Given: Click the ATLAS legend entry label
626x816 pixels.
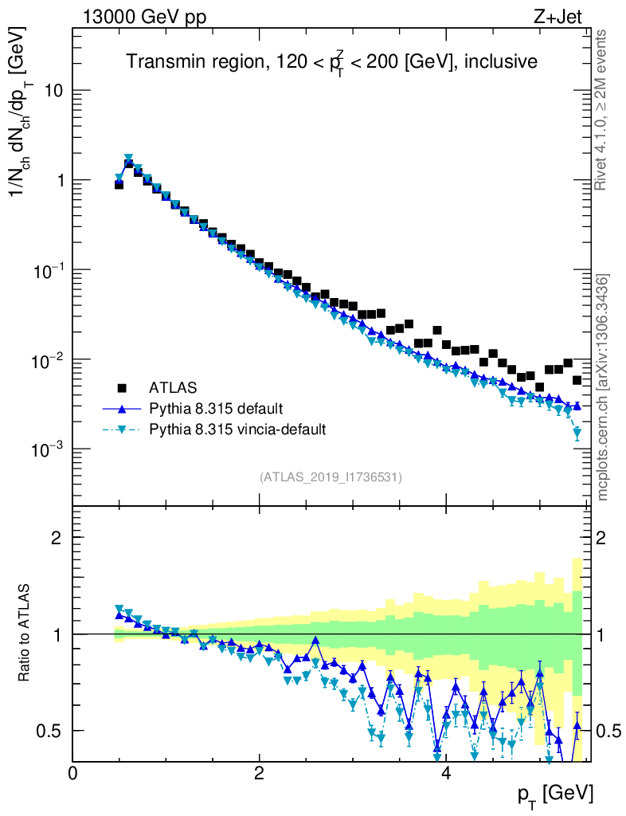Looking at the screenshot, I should [172, 388].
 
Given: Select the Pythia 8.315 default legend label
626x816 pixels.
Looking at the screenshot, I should [216, 409].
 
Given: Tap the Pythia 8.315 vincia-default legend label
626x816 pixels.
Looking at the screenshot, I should [237, 430].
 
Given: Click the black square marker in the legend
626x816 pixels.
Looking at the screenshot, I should [122, 388].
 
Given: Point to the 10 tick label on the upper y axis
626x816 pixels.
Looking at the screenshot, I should [53, 91].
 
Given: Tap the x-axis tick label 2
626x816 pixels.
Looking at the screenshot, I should [259, 773].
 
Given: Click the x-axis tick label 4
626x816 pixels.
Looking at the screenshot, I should [446, 773].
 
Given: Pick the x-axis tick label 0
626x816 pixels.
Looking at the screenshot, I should [72, 773].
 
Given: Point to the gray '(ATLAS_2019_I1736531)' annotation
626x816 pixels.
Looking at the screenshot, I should [330, 477].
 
